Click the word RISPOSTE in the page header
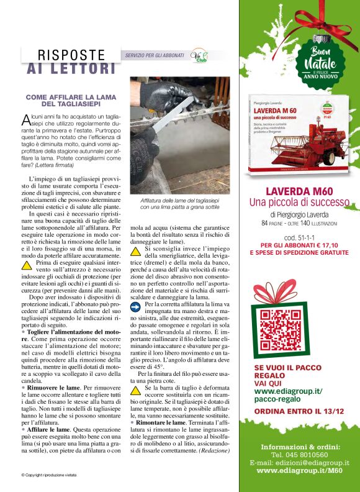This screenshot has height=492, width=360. coord(71,55)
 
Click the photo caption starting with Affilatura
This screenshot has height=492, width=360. coord(179,204)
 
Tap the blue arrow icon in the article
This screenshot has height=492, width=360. coord(137,306)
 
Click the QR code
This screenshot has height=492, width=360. coord(277,329)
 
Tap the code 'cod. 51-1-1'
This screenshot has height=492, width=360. coord(301,238)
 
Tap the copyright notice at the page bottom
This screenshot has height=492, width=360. coord(49,475)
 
